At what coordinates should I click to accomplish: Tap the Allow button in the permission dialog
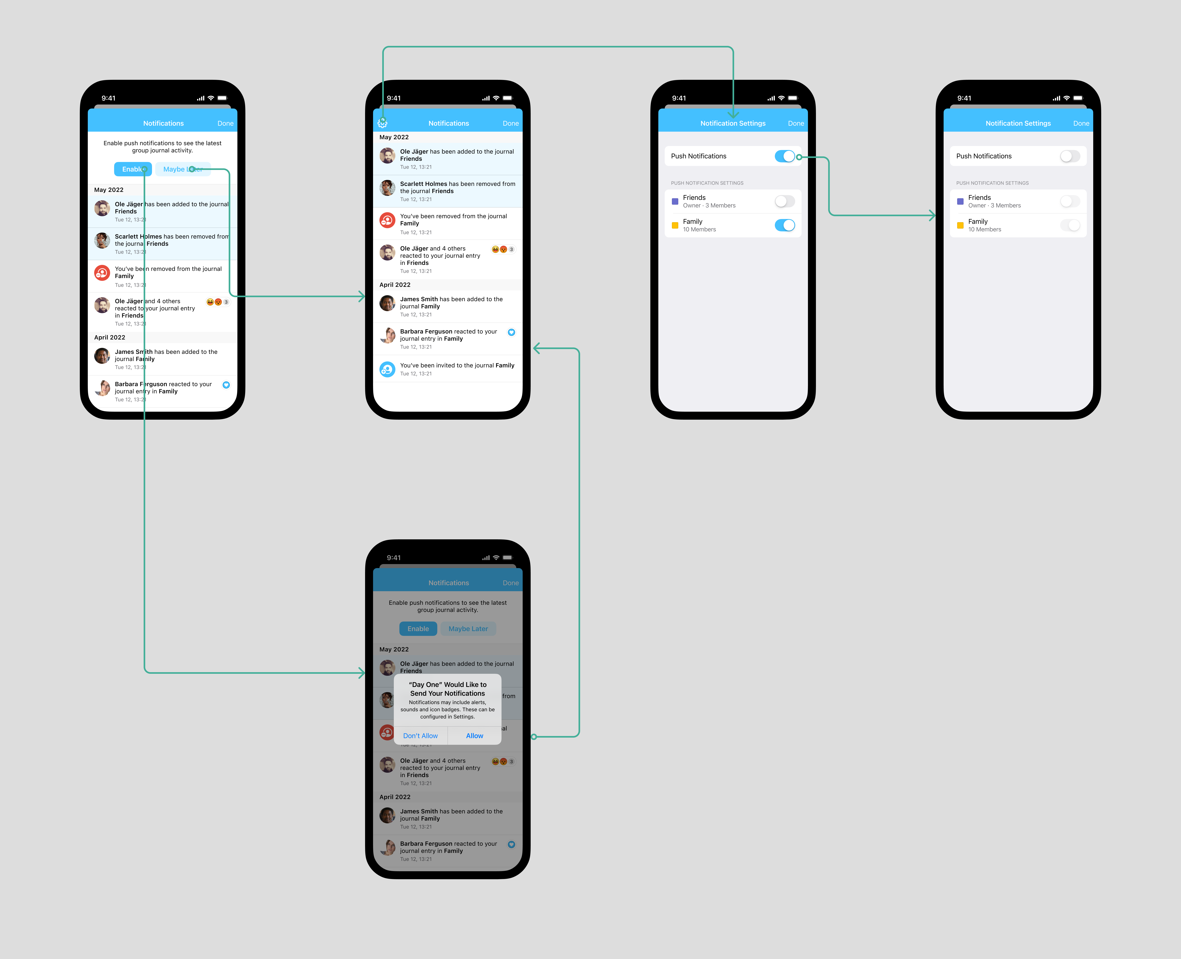475,736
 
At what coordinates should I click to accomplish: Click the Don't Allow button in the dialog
420,736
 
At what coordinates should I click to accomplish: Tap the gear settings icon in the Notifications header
382,123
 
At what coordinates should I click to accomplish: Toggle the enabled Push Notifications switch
784,156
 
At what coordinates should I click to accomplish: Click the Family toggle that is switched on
784,225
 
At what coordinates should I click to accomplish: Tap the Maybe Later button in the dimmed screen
468,629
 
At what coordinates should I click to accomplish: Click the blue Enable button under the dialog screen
418,629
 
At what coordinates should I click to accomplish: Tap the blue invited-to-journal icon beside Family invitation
387,369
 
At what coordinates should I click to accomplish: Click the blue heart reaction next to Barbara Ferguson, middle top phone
512,332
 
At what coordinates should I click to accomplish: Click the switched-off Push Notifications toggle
1070,156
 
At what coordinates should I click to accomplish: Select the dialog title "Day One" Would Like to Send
447,689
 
